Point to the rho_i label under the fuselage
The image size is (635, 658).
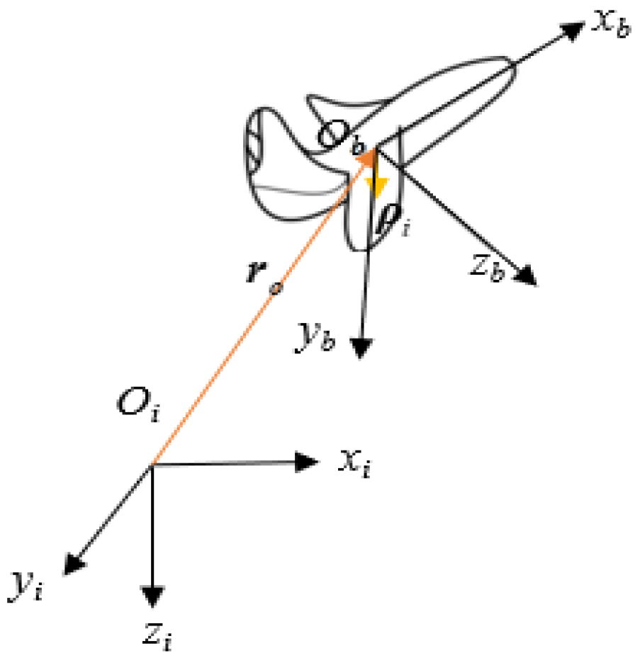click(392, 222)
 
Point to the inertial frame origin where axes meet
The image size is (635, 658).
click(152, 465)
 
